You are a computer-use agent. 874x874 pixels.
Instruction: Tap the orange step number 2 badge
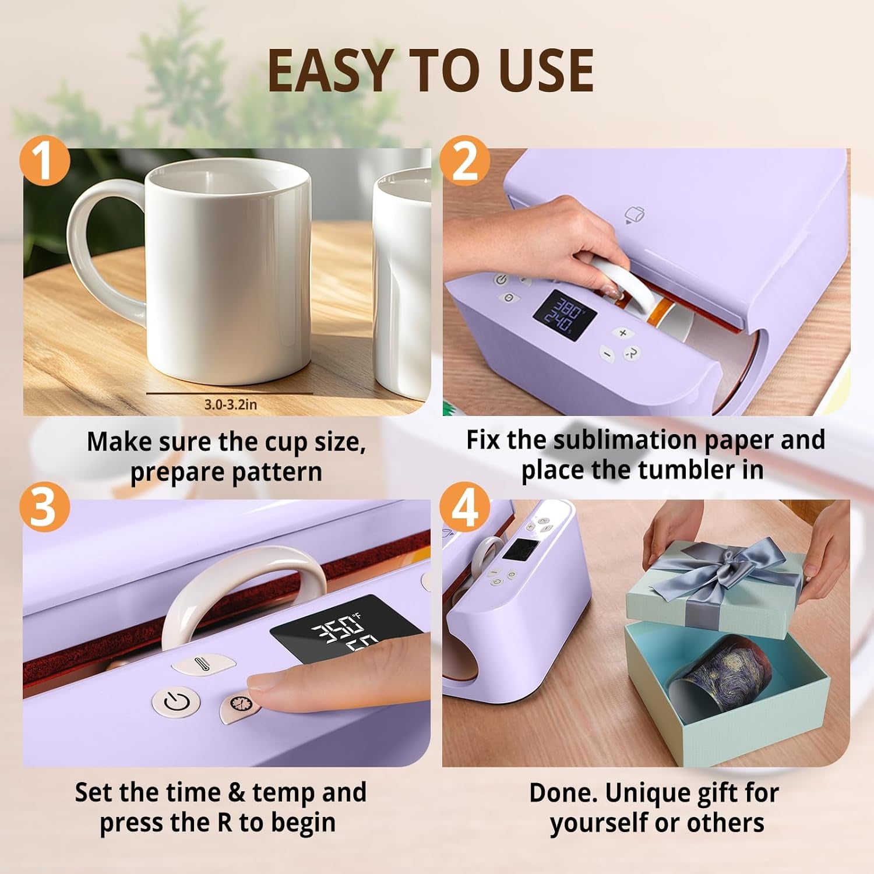[464, 160]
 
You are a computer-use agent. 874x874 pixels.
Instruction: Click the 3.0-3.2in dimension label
[230, 404]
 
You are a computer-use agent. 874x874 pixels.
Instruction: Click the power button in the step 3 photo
[175, 702]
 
